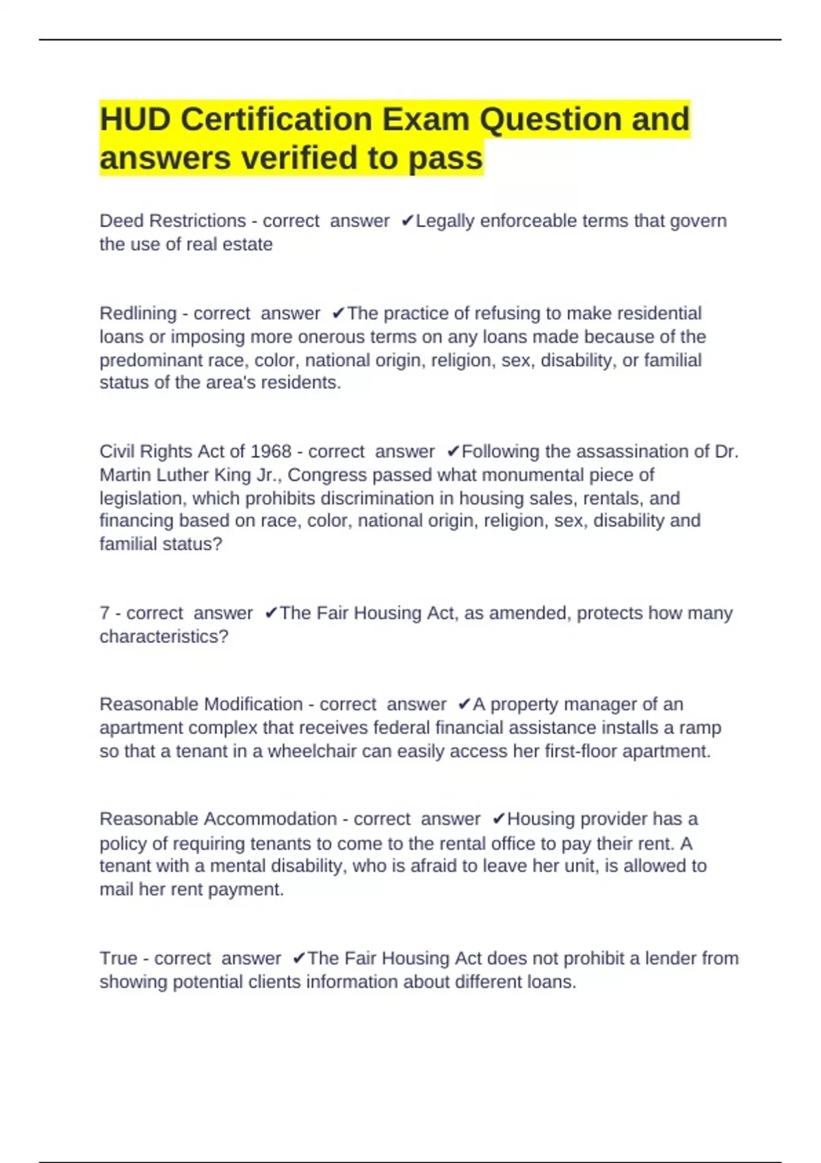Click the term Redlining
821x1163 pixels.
point(138,313)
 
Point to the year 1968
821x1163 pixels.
point(271,452)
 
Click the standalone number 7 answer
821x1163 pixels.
point(105,613)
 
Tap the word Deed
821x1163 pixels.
point(122,221)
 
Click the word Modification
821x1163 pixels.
point(253,704)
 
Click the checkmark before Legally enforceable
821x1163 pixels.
point(407,221)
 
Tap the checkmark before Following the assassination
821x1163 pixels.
point(453,452)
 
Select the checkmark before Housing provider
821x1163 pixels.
point(499,819)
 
